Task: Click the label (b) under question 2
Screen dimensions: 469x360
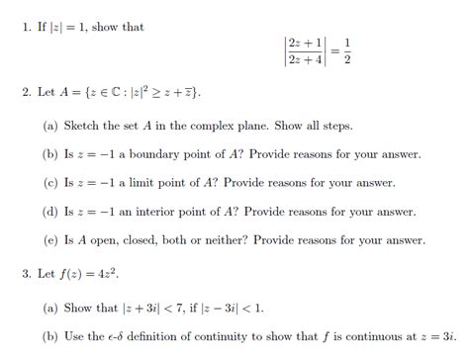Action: (x=50, y=155)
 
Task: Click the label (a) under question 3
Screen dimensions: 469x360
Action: (x=50, y=307)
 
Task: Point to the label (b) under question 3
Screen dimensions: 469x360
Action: (x=50, y=335)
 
